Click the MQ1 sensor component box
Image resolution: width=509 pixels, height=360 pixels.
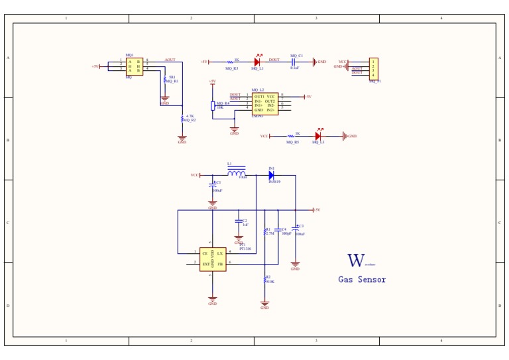point(134,66)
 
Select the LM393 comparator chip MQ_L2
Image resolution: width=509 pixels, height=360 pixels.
point(264,103)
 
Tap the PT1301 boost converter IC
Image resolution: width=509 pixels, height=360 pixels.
point(213,259)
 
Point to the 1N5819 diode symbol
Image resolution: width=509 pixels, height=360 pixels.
point(271,176)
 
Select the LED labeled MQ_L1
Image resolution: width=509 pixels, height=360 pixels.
point(257,62)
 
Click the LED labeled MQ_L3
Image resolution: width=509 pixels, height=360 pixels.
point(318,136)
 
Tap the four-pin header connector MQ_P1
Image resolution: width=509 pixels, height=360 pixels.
point(373,68)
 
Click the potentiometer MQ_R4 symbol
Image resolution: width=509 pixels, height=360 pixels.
point(213,105)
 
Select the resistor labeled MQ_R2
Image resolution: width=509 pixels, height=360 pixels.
point(182,119)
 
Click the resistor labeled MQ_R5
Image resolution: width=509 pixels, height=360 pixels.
point(292,136)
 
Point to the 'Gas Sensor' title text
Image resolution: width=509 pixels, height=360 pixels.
point(362,279)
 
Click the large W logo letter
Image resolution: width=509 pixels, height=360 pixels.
point(356,261)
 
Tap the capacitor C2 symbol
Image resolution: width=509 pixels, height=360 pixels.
point(239,221)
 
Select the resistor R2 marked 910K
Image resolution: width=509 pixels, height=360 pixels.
point(265,279)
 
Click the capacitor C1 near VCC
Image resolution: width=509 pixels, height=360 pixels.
point(212,184)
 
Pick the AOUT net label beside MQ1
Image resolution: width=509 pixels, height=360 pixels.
point(170,60)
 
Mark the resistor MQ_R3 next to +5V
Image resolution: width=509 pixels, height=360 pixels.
point(232,62)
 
